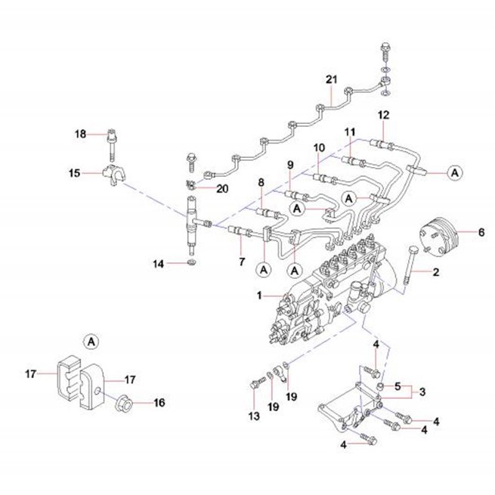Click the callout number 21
click(x=332, y=79)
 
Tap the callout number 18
click(x=81, y=134)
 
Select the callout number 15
click(x=75, y=173)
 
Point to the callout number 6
click(x=481, y=232)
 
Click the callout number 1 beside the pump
click(x=259, y=295)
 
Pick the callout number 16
click(x=159, y=403)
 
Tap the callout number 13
click(x=254, y=416)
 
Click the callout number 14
click(x=159, y=264)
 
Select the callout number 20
click(x=222, y=189)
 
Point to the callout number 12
click(x=384, y=115)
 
